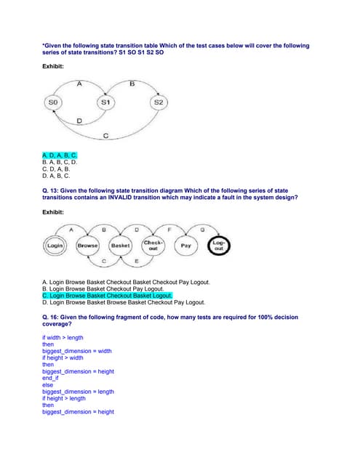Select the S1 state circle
(x=105, y=102)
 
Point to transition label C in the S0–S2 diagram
(x=106, y=136)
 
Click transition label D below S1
(x=79, y=120)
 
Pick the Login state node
(x=55, y=246)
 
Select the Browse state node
(x=88, y=246)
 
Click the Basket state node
(x=120, y=246)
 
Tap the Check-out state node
(x=153, y=246)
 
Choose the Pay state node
(x=185, y=246)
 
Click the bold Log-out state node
(x=219, y=246)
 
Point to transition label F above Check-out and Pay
(x=169, y=230)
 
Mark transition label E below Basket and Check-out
(x=137, y=261)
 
